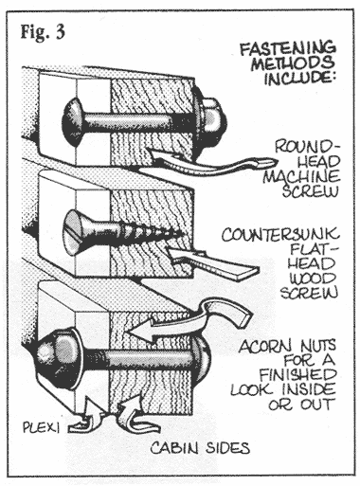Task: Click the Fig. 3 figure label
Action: [x=43, y=31]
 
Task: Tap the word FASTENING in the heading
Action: [x=288, y=48]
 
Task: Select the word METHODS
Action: [x=293, y=63]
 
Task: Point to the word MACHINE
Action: [x=301, y=176]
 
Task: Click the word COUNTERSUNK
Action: [x=280, y=234]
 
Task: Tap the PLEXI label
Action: [x=41, y=427]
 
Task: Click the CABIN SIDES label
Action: [x=200, y=448]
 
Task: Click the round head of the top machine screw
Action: [x=73, y=122]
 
